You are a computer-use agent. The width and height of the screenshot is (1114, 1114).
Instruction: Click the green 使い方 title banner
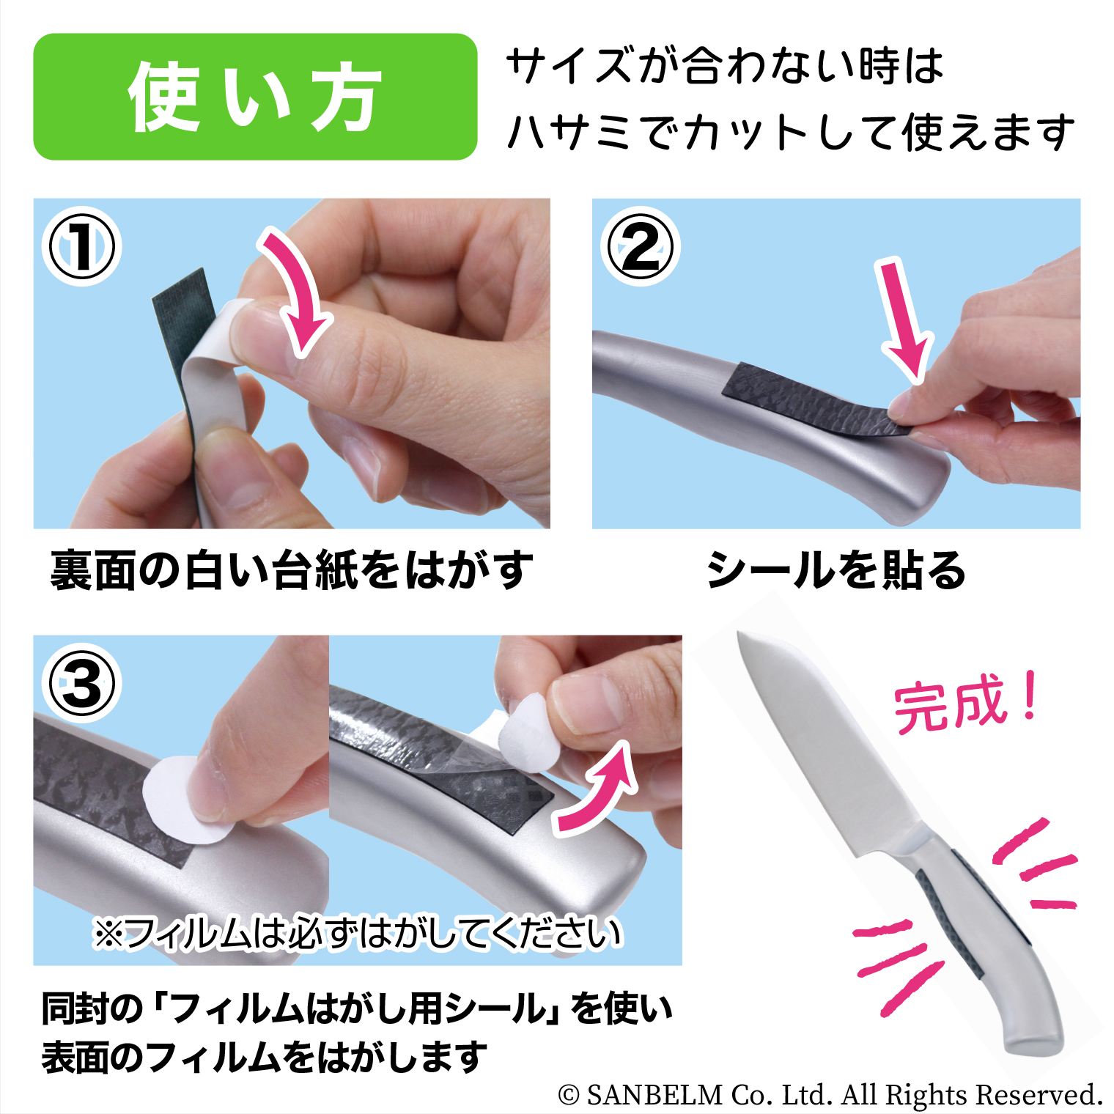[255, 97]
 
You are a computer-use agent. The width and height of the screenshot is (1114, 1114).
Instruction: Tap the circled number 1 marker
[81, 247]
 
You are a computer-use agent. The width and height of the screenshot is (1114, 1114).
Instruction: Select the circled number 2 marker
[641, 247]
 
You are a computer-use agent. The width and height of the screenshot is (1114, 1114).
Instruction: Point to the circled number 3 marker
[81, 684]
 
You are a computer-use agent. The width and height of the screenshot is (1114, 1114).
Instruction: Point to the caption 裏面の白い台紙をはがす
[292, 570]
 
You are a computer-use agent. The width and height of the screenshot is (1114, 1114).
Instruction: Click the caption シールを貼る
[836, 570]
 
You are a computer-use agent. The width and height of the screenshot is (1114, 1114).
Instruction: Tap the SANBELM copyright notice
[830, 1094]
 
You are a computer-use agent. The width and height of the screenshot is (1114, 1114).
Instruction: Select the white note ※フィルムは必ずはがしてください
[358, 933]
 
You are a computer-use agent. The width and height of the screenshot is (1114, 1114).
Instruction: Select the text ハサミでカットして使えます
[791, 133]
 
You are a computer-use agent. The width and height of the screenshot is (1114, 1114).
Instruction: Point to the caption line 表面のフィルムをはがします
[264, 1058]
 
